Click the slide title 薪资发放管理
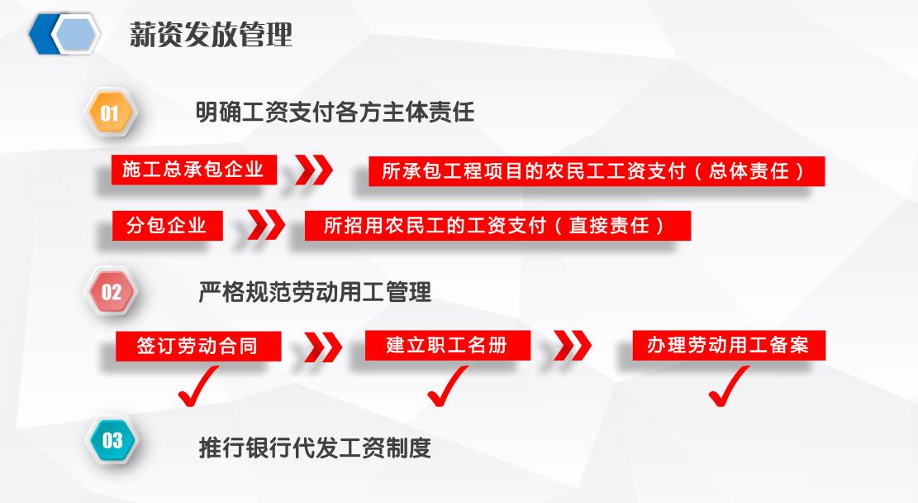pyautogui.click(x=211, y=34)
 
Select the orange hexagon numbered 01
pyautogui.click(x=109, y=113)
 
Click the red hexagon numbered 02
pyautogui.click(x=111, y=291)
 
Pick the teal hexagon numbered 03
pyautogui.click(x=112, y=440)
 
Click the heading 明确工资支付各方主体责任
pyautogui.click(x=335, y=112)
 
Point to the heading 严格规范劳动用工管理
pyautogui.click(x=315, y=291)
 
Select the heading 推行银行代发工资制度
pyautogui.click(x=315, y=448)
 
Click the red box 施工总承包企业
pyautogui.click(x=194, y=170)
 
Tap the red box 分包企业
pyautogui.click(x=168, y=225)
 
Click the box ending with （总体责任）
pyautogui.click(x=597, y=171)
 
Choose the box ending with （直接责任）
pyautogui.click(x=497, y=226)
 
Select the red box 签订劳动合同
pyautogui.click(x=197, y=346)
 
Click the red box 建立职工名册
pyautogui.click(x=447, y=345)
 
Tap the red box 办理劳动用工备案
pyautogui.click(x=729, y=345)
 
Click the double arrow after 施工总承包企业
pyautogui.click(x=314, y=170)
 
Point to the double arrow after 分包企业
pyautogui.click(x=266, y=225)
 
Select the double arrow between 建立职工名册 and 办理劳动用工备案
pyautogui.click(x=572, y=345)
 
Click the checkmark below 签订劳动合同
pyautogui.click(x=197, y=386)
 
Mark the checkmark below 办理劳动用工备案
pyautogui.click(x=729, y=386)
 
